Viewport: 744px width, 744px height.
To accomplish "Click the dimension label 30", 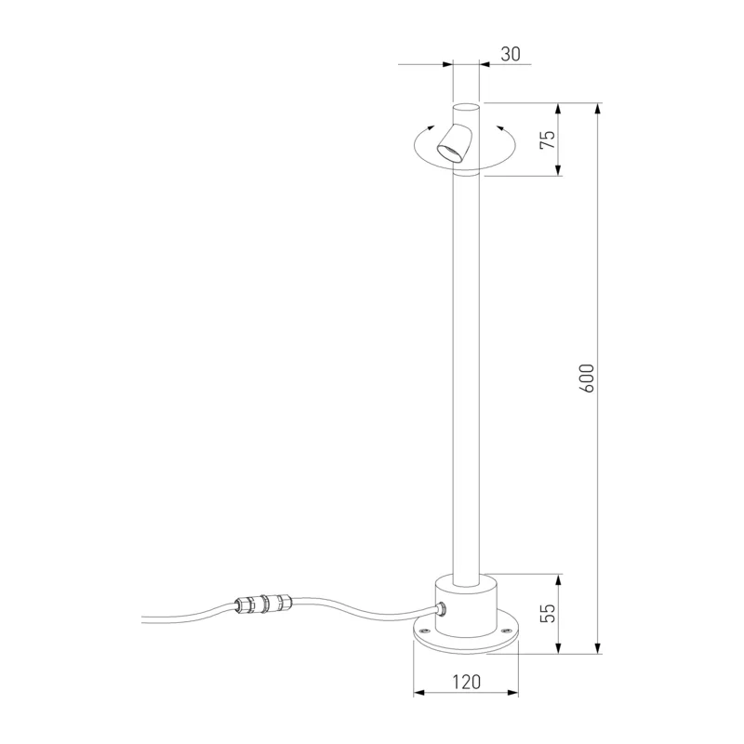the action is [x=511, y=54].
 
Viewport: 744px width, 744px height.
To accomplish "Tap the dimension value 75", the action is [x=548, y=139].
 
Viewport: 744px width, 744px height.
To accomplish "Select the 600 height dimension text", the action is [x=587, y=379].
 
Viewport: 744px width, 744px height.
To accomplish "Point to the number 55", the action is [x=548, y=613].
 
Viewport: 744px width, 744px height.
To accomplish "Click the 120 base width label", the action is [x=467, y=682].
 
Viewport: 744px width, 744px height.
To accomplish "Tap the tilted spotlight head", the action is [x=455, y=143].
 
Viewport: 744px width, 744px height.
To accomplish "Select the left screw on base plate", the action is [x=423, y=631].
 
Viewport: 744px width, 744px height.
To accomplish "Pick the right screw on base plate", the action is [x=505, y=631].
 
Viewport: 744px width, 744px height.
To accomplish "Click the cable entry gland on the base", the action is [x=442, y=609].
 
